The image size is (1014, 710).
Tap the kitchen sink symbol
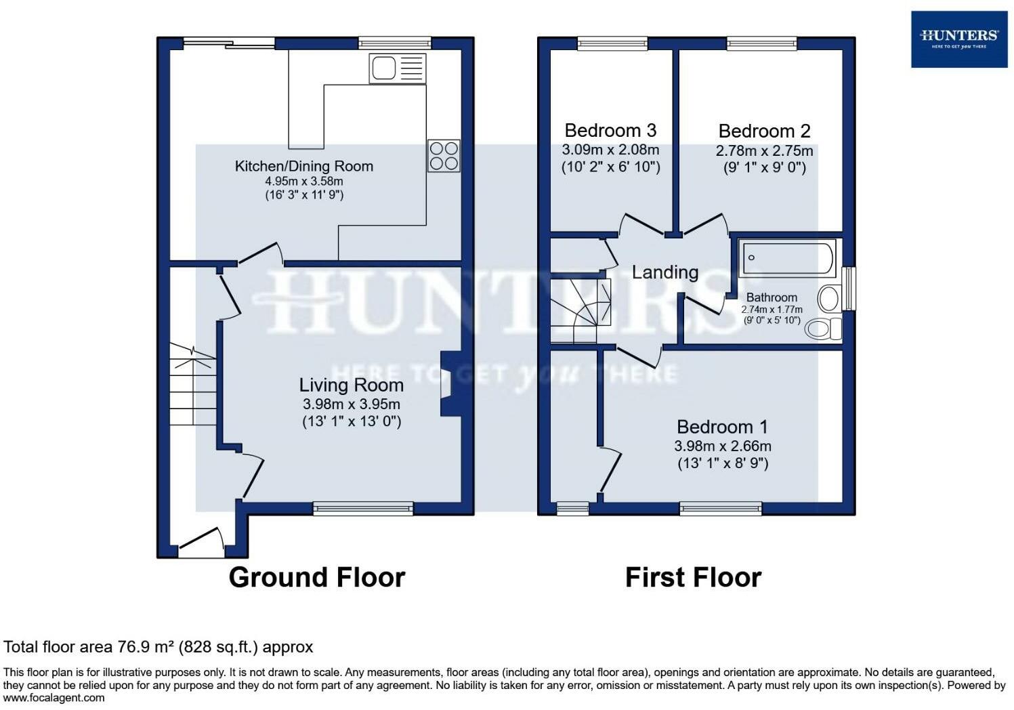398,69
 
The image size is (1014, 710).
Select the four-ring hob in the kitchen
444,156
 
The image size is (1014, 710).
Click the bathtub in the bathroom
788,258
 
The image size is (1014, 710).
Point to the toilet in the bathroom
824,329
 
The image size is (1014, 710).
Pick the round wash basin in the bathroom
829,298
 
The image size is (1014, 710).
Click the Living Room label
352,385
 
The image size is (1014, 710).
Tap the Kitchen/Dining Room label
304,166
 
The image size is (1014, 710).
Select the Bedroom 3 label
610,130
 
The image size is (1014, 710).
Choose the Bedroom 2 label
764,131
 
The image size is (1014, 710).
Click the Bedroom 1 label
723,427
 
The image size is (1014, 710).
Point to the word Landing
665,272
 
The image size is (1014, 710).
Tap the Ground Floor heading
317,577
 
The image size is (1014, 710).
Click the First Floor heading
693,577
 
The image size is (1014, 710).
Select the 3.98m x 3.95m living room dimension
352,404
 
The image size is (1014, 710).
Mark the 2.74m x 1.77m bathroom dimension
772,310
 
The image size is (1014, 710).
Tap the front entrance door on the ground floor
201,543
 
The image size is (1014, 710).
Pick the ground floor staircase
193,384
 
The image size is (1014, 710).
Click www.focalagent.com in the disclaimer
54,698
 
